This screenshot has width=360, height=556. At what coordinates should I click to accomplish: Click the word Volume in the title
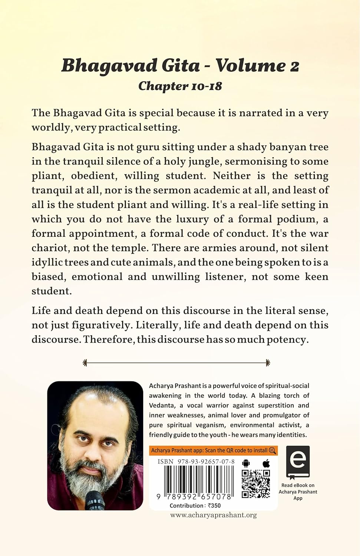click(x=251, y=66)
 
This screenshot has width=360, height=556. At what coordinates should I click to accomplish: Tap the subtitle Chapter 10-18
click(x=180, y=86)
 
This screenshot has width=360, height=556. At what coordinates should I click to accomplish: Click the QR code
click(x=256, y=484)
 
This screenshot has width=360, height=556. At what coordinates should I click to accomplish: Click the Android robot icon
click(x=246, y=463)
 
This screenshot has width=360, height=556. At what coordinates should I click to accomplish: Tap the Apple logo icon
click(x=266, y=463)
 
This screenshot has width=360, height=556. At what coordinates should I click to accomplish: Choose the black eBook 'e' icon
click(x=298, y=462)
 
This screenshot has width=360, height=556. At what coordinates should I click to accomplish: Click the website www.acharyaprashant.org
click(x=214, y=515)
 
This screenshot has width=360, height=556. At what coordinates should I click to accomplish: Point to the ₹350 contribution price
click(x=214, y=506)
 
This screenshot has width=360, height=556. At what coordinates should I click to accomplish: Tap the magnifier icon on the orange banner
click(x=273, y=450)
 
